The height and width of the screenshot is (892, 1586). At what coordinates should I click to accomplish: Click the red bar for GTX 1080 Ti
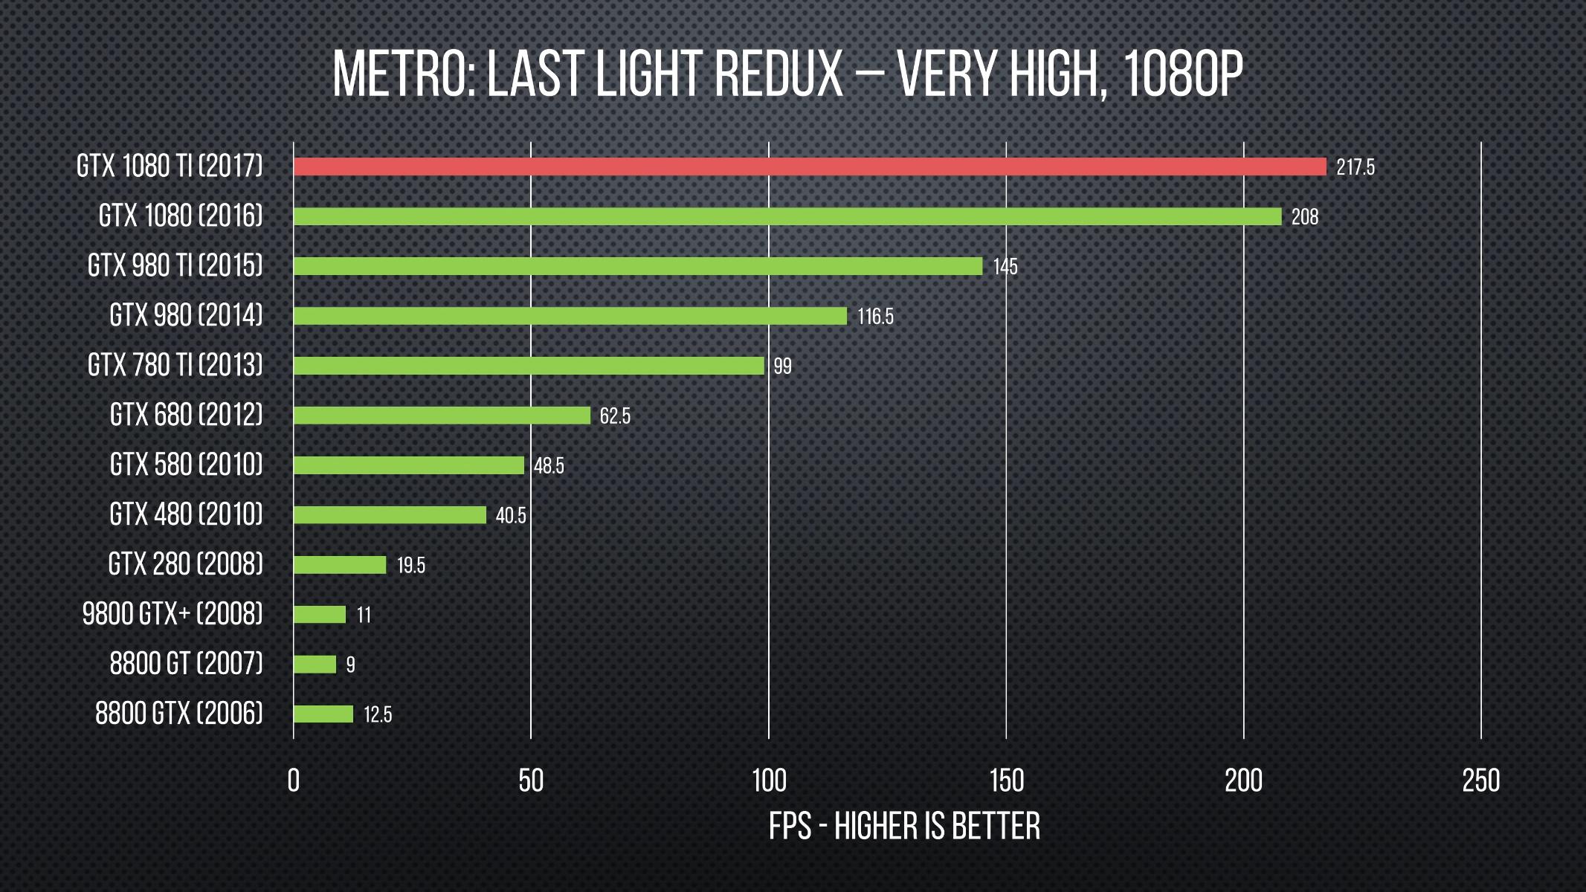809,167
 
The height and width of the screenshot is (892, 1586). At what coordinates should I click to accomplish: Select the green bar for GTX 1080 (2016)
787,216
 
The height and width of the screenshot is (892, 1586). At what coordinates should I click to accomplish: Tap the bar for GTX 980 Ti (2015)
637,266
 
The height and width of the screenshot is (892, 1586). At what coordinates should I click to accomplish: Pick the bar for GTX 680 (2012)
442,416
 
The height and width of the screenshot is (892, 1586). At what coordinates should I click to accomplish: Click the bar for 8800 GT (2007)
315,664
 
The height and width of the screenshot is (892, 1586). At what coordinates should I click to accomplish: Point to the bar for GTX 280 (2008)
340,565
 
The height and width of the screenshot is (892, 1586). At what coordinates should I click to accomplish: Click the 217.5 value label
1355,167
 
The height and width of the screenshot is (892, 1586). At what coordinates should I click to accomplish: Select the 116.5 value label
875,316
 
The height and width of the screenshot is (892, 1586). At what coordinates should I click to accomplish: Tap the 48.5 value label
549,465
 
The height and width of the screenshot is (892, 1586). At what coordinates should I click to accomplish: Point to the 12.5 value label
377,714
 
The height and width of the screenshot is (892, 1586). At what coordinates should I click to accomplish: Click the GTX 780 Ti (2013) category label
175,365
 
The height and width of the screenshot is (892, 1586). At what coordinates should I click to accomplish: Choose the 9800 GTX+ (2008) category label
172,614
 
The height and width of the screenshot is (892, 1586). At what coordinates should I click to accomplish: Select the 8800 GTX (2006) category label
178,714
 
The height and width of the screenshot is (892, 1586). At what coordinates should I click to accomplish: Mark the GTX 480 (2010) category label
186,514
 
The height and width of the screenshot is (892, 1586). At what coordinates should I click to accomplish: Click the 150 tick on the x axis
1006,780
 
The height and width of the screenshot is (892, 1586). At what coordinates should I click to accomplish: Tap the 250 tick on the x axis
1480,780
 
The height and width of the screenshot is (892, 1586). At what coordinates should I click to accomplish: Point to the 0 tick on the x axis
294,780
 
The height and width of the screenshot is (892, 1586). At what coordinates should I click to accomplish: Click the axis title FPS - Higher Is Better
904,827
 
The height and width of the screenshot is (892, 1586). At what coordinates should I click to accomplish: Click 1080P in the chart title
1182,74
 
